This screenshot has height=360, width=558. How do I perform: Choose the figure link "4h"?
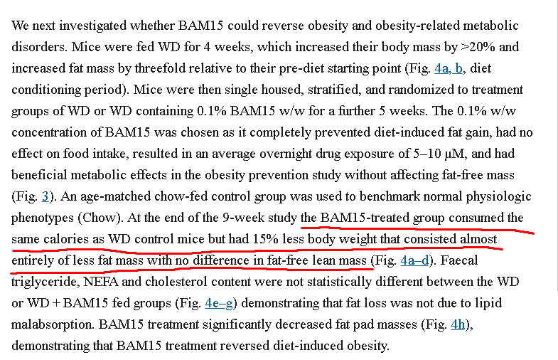tap(459, 324)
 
